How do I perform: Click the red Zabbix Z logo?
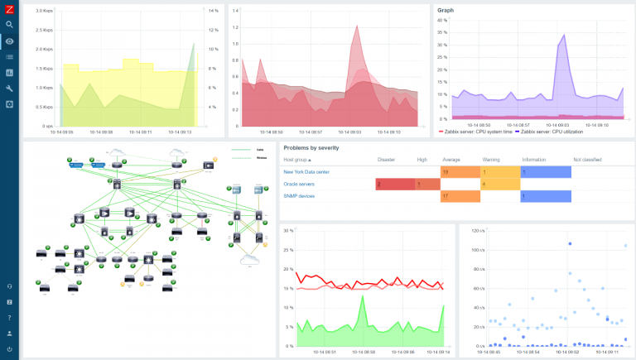(x=9, y=9)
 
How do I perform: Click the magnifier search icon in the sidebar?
(x=9, y=25)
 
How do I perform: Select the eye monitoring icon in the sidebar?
(x=9, y=41)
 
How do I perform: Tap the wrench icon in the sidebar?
(x=9, y=88)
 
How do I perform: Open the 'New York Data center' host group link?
(x=306, y=171)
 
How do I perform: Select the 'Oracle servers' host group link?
(x=301, y=184)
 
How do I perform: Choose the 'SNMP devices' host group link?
(x=300, y=196)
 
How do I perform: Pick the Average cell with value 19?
(x=460, y=171)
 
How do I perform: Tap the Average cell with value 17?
(x=460, y=196)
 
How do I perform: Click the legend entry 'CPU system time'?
(x=476, y=132)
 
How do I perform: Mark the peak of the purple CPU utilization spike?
(x=564, y=36)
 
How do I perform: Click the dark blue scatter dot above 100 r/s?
(x=570, y=243)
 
